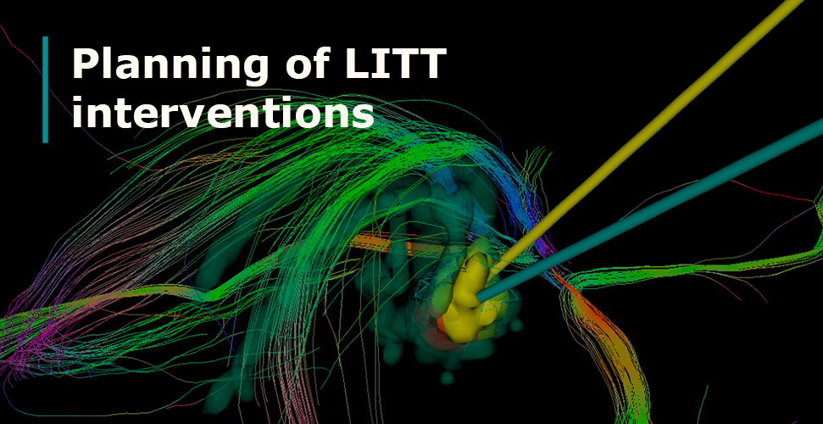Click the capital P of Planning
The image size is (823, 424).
pyautogui.click(x=85, y=64)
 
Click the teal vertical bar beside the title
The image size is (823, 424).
pyautogui.click(x=45, y=89)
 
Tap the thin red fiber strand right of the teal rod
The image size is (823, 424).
pyautogui.click(x=771, y=192)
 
